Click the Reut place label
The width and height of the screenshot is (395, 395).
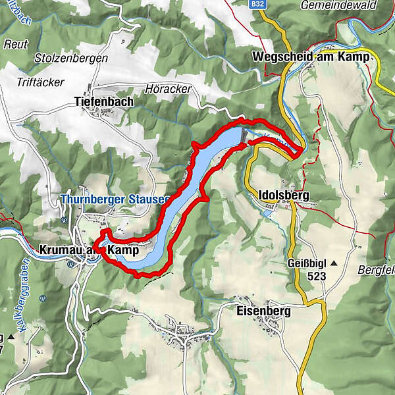click(16, 45)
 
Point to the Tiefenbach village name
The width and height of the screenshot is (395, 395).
click(103, 102)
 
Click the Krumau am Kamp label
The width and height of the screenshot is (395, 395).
click(89, 251)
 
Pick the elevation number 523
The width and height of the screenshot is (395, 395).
click(316, 276)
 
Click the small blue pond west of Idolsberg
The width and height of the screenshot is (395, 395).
click(266, 213)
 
